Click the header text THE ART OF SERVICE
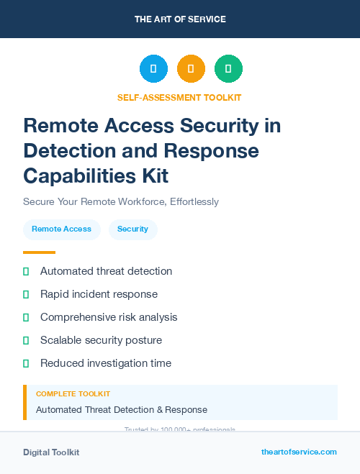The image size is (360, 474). (x=180, y=19)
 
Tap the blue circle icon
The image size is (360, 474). (x=153, y=69)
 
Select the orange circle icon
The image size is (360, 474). (x=191, y=69)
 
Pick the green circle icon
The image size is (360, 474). (x=228, y=69)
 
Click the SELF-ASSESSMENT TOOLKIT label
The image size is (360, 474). (x=179, y=97)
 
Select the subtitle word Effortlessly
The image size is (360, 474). (x=194, y=201)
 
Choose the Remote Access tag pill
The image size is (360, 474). (x=61, y=229)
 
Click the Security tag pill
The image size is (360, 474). (x=132, y=229)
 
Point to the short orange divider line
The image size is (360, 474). (x=39, y=252)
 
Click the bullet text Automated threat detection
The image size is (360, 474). (x=106, y=271)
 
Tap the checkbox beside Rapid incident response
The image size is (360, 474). (x=26, y=294)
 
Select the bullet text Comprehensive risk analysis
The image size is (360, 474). (x=109, y=317)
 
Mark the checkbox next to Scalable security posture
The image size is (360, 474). (x=26, y=340)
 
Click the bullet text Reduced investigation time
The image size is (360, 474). (x=106, y=363)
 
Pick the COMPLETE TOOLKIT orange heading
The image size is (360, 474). (x=73, y=394)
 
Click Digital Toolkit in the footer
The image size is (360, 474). (x=51, y=452)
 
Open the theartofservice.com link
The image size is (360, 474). (x=299, y=452)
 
